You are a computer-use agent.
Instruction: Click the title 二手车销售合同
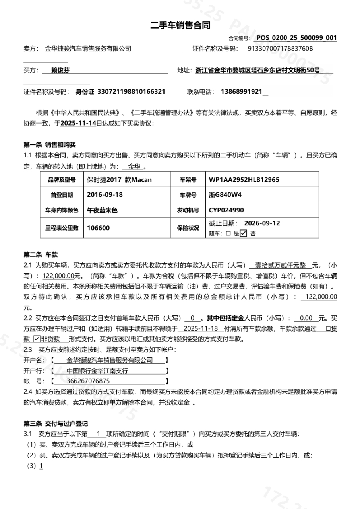180,26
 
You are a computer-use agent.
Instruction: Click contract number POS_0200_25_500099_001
296,38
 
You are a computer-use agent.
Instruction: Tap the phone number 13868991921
242,92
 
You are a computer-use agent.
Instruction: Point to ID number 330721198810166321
131,92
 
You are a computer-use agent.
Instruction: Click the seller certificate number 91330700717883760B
280,49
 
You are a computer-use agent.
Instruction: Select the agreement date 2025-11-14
78,124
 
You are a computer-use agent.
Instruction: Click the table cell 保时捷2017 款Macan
119,180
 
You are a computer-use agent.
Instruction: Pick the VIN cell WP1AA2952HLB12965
244,180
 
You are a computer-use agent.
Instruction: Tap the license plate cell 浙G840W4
225,195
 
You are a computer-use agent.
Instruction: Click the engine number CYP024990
226,210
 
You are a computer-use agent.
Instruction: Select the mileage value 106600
99,228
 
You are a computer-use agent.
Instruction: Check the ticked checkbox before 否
244,233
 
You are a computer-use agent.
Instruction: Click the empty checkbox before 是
228,234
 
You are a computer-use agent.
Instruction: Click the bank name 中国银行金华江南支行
97,371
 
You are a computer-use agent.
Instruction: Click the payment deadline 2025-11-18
201,329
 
